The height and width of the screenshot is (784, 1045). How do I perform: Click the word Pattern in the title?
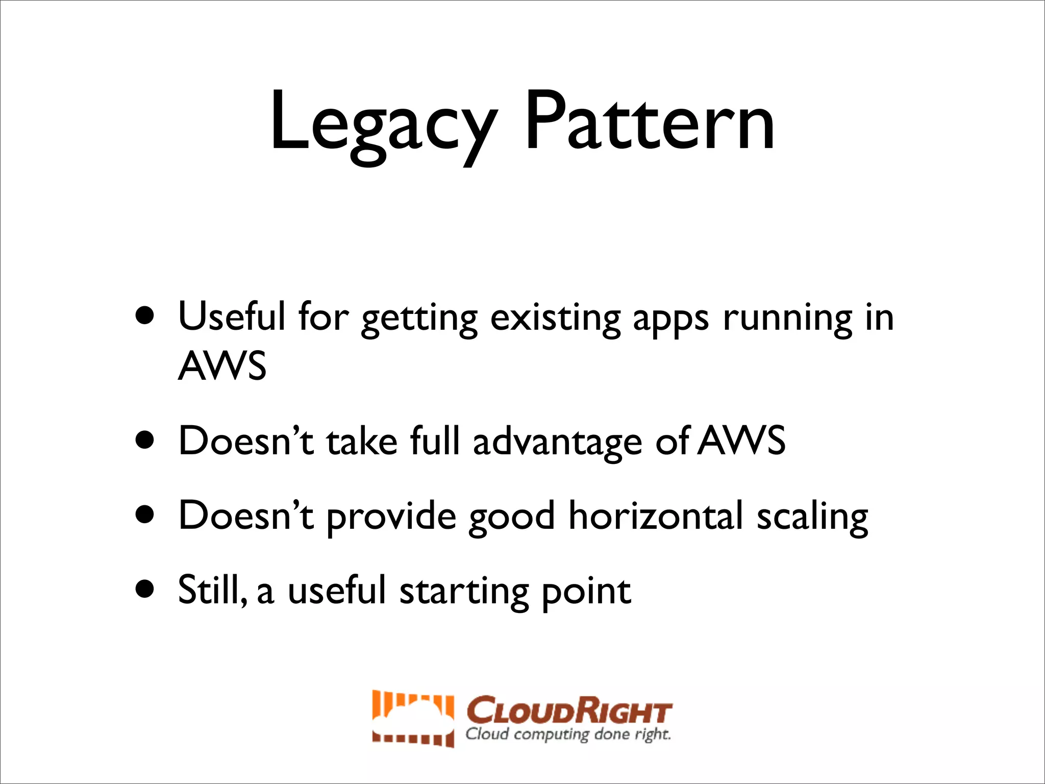(x=649, y=122)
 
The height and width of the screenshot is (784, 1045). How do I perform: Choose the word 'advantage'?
(x=557, y=442)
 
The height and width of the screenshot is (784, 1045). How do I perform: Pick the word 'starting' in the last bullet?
(x=464, y=592)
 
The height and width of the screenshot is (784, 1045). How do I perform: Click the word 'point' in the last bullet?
(x=586, y=592)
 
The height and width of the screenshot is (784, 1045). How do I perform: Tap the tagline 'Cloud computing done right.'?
(x=568, y=734)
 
